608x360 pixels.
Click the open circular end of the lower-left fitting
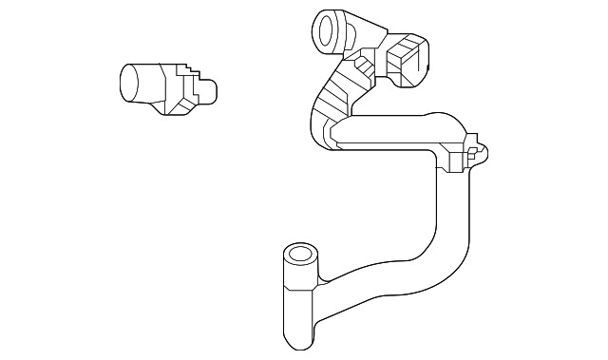[x=299, y=255]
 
